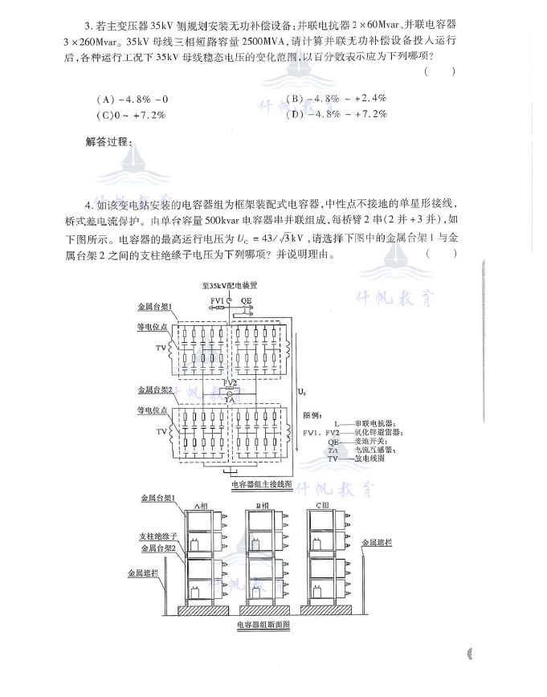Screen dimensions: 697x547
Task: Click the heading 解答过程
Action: point(109,142)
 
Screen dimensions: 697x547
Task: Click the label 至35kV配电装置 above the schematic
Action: point(229,286)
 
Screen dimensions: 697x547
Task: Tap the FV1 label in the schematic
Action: point(217,300)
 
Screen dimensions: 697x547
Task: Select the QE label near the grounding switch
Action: point(245,300)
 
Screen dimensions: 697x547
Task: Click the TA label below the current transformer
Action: point(229,398)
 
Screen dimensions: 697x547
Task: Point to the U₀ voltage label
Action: point(301,393)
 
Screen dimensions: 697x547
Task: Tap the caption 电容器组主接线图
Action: point(259,484)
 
